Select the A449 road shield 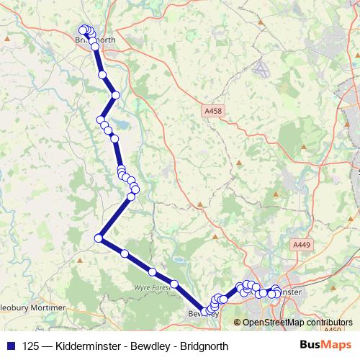301,246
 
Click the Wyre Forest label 150,287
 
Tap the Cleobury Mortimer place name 32,307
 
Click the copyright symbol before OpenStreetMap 238,323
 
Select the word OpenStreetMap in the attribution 271,323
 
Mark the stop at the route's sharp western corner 99,238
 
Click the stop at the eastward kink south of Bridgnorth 115,95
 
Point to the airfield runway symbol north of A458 261,70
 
